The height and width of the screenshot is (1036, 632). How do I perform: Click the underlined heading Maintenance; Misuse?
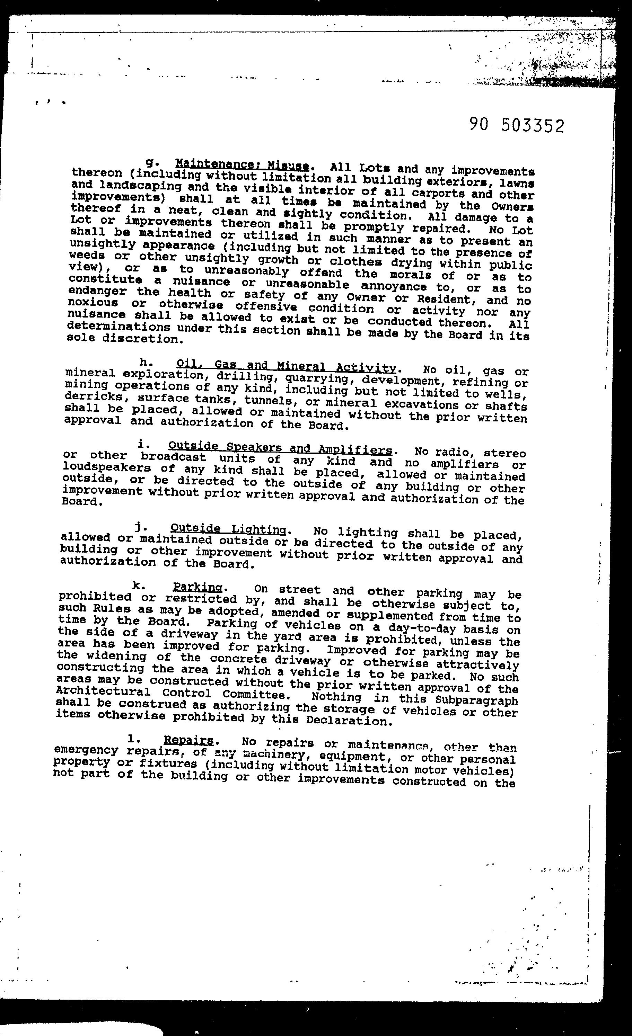click(242, 164)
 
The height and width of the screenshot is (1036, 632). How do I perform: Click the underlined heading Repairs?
click(188, 740)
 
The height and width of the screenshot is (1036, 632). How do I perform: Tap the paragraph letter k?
click(136, 585)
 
